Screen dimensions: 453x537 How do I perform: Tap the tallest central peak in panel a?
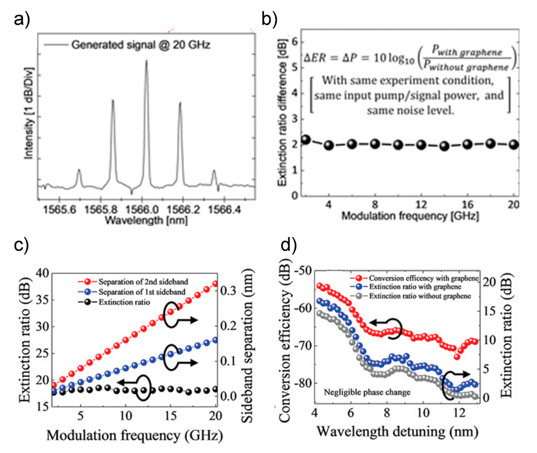(146, 61)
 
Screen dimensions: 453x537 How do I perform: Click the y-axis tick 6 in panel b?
(295, 41)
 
